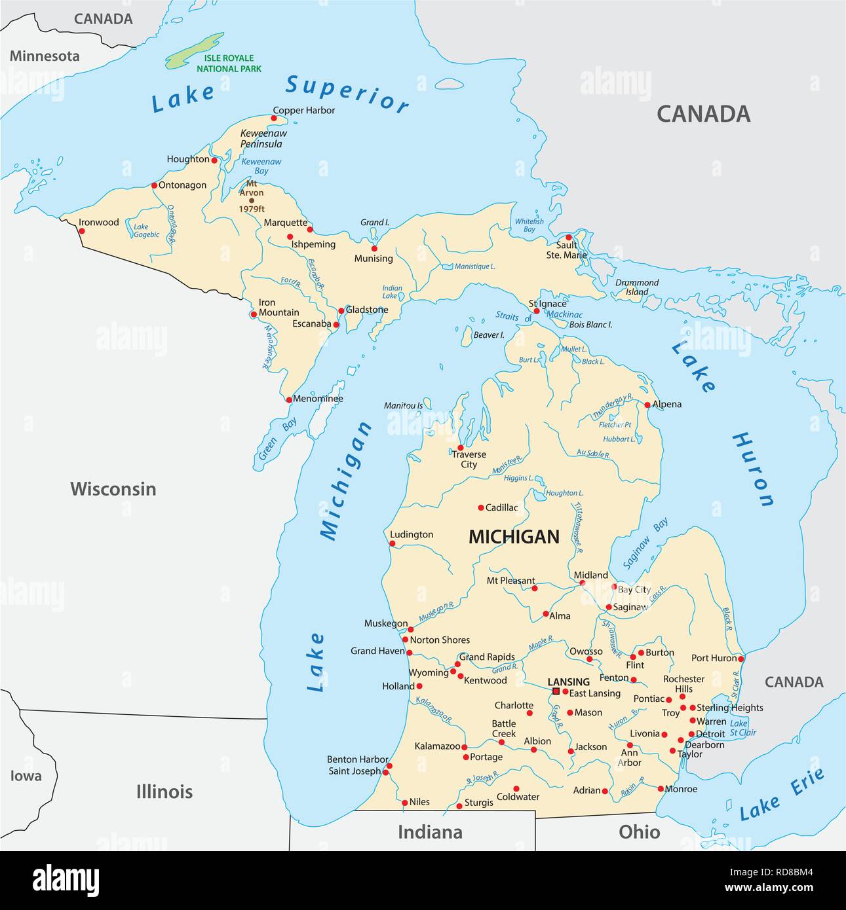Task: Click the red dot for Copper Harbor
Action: pyautogui.click(x=274, y=118)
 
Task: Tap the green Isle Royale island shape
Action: pyautogui.click(x=194, y=52)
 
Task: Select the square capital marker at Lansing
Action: pyautogui.click(x=556, y=691)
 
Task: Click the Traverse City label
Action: pyautogui.click(x=469, y=459)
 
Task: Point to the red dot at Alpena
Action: pyautogui.click(x=647, y=405)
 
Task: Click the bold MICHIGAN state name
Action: pyautogui.click(x=514, y=537)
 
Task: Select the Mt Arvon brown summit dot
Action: pyautogui.click(x=251, y=201)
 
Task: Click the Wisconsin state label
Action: pyautogui.click(x=113, y=488)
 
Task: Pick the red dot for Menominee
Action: pyautogui.click(x=289, y=399)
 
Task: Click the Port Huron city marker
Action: pyautogui.click(x=740, y=658)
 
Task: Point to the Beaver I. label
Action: pyautogui.click(x=489, y=335)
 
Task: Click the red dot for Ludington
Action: pyautogui.click(x=393, y=543)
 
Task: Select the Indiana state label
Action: pyautogui.click(x=430, y=832)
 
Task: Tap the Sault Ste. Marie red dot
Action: pyautogui.click(x=569, y=237)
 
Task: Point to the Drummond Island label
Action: pyautogui.click(x=636, y=287)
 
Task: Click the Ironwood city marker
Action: pyautogui.click(x=82, y=230)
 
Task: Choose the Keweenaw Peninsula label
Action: pyautogui.click(x=263, y=138)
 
